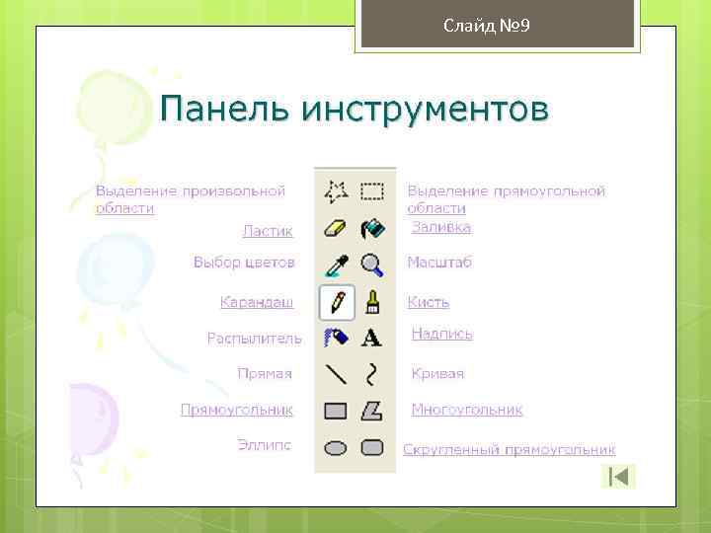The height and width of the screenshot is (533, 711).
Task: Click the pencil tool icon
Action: click(x=337, y=301)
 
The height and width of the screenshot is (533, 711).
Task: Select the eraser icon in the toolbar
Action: click(x=337, y=229)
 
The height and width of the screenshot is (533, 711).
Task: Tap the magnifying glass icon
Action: click(x=372, y=265)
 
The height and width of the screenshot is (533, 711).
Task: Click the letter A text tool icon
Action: click(x=372, y=338)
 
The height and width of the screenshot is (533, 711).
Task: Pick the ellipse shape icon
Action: click(x=337, y=447)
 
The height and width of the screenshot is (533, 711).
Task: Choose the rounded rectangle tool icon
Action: click(x=372, y=447)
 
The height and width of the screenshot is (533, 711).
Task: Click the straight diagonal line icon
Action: click(x=337, y=374)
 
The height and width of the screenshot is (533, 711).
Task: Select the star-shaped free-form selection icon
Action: click(x=337, y=190)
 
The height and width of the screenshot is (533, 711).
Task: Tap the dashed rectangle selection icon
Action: click(x=372, y=190)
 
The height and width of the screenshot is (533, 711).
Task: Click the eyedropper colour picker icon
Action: click(x=337, y=265)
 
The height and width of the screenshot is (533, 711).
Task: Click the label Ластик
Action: click(x=268, y=231)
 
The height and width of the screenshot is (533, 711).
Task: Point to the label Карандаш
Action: click(x=257, y=301)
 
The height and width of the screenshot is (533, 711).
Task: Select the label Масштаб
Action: click(x=439, y=263)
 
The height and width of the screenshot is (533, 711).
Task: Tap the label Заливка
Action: click(x=441, y=227)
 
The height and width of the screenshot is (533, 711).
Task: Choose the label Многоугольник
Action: click(x=467, y=410)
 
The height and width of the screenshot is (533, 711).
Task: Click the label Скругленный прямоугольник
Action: click(x=509, y=449)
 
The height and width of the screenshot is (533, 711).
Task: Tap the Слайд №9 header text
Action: click(x=487, y=25)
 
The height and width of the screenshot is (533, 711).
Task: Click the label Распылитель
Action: click(x=254, y=339)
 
